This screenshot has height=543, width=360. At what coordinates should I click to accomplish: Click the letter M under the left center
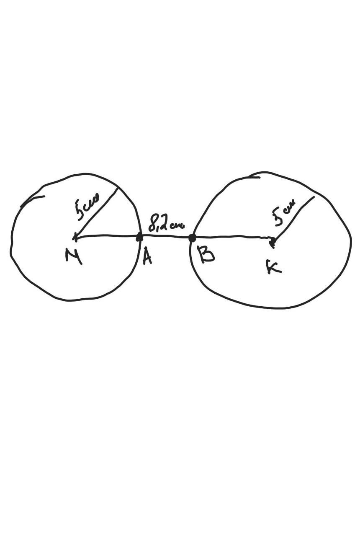[74, 255]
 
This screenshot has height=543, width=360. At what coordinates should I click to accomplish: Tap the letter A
[147, 256]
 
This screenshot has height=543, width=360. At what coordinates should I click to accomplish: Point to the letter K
[273, 267]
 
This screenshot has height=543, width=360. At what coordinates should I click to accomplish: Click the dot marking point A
[140, 238]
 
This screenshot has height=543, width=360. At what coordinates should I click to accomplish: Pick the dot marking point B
[192, 238]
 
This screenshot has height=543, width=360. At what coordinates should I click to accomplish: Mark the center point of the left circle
[75, 238]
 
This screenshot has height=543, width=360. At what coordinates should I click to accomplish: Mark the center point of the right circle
[273, 241]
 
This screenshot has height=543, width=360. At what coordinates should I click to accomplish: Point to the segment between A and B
[166, 237]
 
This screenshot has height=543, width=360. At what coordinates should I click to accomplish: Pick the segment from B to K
[232, 238]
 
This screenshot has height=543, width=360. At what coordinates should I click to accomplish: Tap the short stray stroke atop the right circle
[254, 176]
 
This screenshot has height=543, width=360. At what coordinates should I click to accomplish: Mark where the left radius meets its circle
[118, 188]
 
